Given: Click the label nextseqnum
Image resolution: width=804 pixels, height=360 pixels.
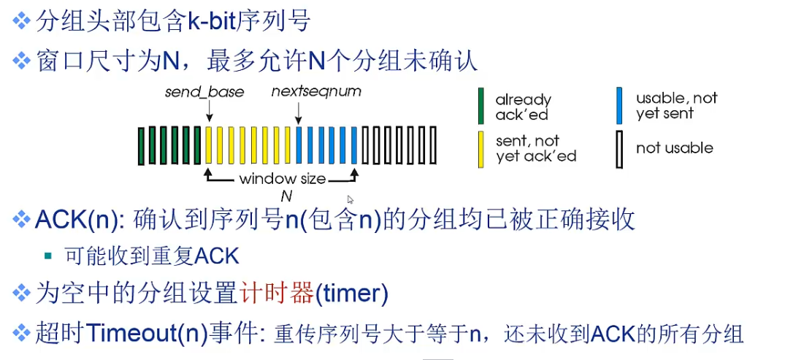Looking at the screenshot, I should click(316, 92).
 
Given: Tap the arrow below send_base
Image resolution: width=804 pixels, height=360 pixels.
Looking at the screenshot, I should click(209, 112).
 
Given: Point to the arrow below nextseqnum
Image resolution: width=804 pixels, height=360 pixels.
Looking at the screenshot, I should click(299, 112).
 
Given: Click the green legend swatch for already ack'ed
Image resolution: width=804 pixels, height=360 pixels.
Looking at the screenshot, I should click(481, 106).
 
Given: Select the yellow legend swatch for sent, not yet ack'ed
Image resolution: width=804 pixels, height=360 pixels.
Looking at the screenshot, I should click(481, 149).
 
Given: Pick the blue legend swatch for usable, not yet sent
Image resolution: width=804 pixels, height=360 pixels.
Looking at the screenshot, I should click(619, 106).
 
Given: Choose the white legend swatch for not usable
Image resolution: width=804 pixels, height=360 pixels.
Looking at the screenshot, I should click(619, 149).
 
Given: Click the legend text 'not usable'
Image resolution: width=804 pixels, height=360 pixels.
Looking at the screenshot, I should click(674, 148).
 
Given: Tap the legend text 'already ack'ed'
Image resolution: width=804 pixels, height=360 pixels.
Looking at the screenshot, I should click(523, 107).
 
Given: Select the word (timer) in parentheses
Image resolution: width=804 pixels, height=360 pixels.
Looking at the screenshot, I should click(351, 294).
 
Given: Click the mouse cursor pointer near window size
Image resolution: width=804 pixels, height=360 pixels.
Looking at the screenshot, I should click(351, 199).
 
